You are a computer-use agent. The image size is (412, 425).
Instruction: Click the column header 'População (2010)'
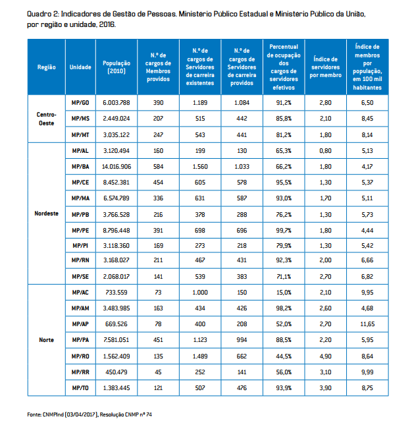[116, 67]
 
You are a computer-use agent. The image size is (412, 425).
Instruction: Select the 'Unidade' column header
[80, 67]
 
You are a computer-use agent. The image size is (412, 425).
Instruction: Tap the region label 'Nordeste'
[46, 213]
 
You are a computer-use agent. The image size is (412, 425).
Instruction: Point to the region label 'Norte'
[46, 340]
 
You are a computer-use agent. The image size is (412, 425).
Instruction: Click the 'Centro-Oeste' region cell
[46, 119]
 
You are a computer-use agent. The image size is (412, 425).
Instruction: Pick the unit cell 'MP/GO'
[80, 103]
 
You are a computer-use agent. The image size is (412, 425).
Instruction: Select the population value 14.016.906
[116, 167]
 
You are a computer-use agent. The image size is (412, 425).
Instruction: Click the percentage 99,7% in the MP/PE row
[284, 230]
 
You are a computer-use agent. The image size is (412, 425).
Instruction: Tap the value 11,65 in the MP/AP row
[367, 325]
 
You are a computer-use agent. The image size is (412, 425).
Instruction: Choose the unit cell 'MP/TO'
[80, 388]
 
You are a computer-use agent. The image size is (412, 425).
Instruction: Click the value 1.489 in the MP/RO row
[200, 356]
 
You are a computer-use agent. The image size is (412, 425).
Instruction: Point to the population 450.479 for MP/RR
[116, 372]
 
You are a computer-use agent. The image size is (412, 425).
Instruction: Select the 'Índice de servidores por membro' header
[325, 67]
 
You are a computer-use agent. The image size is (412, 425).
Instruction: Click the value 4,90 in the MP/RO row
[325, 356]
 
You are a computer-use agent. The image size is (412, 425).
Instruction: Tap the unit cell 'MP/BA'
[80, 167]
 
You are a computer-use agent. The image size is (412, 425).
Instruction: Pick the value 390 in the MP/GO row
[158, 103]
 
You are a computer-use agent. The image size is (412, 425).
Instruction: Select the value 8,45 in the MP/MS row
[367, 119]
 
